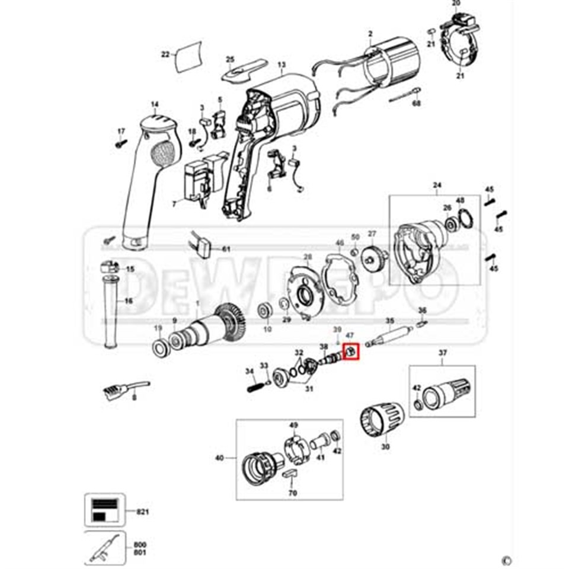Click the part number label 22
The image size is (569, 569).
click(165, 55)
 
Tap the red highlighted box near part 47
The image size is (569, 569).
click(350, 352)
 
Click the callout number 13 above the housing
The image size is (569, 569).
click(282, 65)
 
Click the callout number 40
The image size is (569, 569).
click(219, 458)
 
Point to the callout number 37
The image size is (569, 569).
click(442, 354)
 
